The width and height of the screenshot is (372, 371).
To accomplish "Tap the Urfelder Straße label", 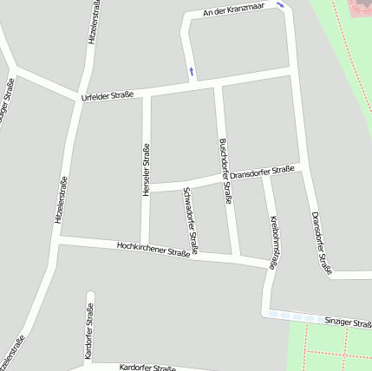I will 107,95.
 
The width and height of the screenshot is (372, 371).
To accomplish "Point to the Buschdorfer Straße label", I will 225,171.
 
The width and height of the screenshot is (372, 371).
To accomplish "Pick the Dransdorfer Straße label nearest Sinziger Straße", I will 321,243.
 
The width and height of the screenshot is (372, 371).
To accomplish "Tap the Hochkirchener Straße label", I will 153,250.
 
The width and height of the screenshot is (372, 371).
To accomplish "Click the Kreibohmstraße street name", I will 274,243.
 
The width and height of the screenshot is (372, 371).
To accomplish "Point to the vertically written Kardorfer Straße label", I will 88,332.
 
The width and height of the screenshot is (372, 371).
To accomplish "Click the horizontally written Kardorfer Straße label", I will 147,368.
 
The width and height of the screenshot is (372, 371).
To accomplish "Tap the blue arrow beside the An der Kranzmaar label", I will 280,5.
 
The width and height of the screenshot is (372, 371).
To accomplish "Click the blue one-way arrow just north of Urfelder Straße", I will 191,69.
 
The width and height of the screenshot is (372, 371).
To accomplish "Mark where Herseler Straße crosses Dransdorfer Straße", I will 146,188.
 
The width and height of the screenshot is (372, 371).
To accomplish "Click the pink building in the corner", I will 360,9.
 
